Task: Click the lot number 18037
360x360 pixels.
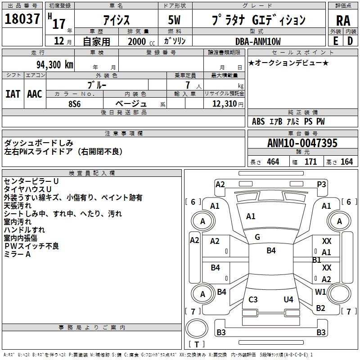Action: pos(22,19)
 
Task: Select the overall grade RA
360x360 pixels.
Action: pos(343,21)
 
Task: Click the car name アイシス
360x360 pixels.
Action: pos(116,20)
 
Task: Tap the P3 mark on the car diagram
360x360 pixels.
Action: pos(321,184)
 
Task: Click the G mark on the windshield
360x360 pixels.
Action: pos(257,237)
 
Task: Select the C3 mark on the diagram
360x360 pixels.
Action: pos(253,300)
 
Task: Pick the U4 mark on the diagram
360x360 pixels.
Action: pos(288,300)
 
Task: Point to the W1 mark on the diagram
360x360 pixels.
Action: pos(320,292)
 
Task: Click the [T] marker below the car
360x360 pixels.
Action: pos(197,345)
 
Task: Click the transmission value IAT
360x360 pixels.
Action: pos(13,94)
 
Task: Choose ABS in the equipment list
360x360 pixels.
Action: pos(258,121)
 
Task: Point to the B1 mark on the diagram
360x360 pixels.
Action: pos(316,260)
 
